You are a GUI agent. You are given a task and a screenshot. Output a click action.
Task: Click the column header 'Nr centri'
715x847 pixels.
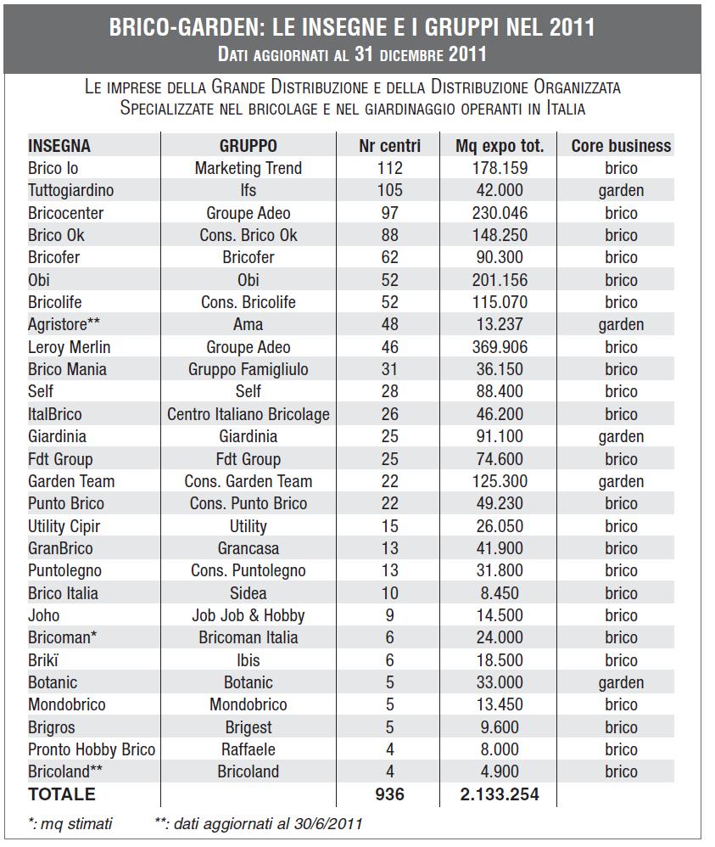[x=389, y=146]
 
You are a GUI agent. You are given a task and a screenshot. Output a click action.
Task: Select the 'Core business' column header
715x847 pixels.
[x=621, y=146]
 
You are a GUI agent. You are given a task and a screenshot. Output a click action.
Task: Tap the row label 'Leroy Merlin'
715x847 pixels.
[x=69, y=347]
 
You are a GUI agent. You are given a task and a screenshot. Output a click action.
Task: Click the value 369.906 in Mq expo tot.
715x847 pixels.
[x=498, y=347]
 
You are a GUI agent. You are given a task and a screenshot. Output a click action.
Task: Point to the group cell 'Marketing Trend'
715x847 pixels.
[x=248, y=168]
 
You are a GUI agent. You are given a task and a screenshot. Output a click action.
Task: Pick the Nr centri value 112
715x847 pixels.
[x=389, y=168]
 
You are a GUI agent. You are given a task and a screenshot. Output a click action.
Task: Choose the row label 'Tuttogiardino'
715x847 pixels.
[x=70, y=190]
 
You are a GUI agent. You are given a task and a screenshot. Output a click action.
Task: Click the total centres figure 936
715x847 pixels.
[x=389, y=794]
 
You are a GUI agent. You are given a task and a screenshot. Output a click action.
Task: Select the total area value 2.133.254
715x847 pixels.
[x=498, y=794]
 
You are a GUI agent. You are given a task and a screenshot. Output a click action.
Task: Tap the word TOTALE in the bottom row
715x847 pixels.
[x=62, y=794]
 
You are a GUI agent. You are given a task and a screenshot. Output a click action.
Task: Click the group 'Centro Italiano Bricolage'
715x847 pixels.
[x=248, y=414]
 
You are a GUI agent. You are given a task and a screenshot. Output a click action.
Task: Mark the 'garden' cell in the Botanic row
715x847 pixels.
[x=621, y=682]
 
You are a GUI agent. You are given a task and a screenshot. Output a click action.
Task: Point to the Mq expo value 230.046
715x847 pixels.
[x=498, y=213]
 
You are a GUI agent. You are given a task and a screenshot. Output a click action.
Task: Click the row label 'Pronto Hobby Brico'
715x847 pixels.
[x=92, y=749]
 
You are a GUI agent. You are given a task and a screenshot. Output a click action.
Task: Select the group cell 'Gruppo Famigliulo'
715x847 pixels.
[x=248, y=369]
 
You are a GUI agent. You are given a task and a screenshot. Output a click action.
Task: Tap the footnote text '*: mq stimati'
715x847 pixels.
[x=70, y=823]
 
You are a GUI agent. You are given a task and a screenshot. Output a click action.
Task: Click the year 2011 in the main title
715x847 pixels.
[x=572, y=27]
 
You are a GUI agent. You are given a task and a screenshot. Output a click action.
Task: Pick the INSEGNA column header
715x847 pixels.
[x=59, y=146]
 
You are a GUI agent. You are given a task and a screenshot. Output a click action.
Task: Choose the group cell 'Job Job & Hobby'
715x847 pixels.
[x=248, y=615]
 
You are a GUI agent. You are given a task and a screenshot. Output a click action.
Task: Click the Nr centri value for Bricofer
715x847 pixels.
[x=389, y=257]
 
